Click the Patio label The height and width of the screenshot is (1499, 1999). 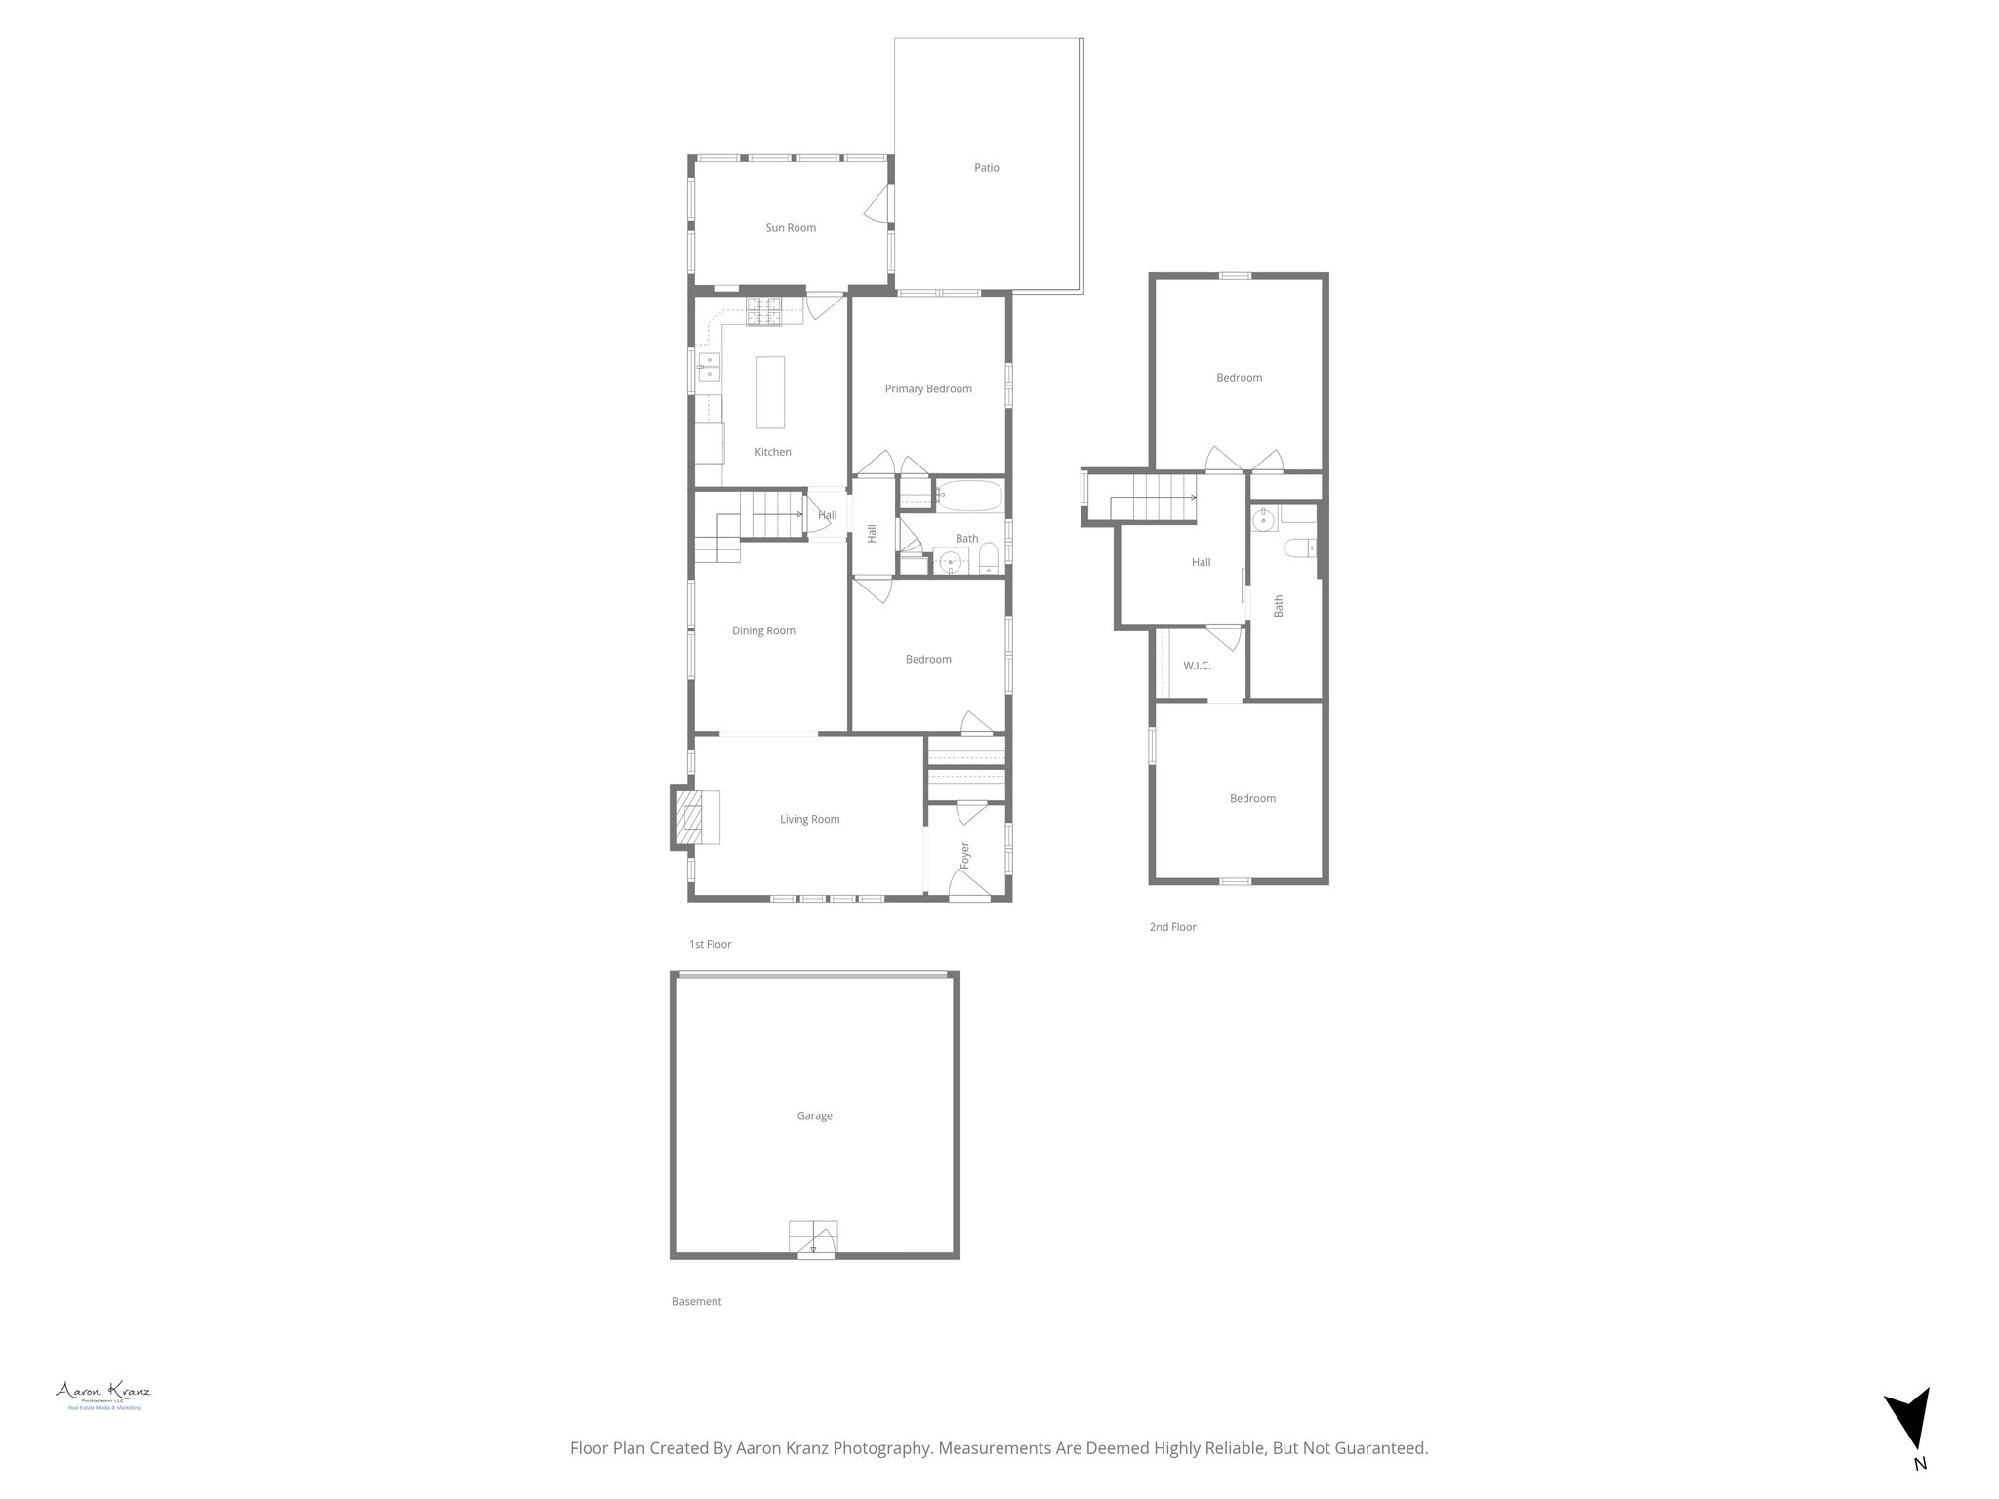pos(986,168)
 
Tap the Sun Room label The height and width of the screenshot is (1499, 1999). pos(790,228)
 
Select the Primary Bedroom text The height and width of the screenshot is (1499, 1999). pos(927,389)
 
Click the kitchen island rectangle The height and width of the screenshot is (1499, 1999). pos(770,391)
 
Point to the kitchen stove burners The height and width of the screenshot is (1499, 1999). pos(765,310)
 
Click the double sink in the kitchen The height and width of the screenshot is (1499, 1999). pos(708,367)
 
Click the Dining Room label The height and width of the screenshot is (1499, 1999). pos(763,631)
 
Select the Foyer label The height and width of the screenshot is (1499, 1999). pos(965,855)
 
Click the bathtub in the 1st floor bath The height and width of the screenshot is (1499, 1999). pos(967,497)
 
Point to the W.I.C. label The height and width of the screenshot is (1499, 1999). pos(1197,667)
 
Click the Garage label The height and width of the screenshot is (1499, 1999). pos(814,1116)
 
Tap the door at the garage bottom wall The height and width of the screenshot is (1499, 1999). pos(816,1241)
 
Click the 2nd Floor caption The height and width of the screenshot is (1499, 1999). pos(1172,927)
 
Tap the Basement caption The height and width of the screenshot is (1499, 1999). pos(697,1302)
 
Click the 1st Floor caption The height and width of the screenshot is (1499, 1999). pos(710,945)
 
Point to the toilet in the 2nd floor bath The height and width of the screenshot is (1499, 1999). pos(1301,548)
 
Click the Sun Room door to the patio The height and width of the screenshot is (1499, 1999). pos(877,205)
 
